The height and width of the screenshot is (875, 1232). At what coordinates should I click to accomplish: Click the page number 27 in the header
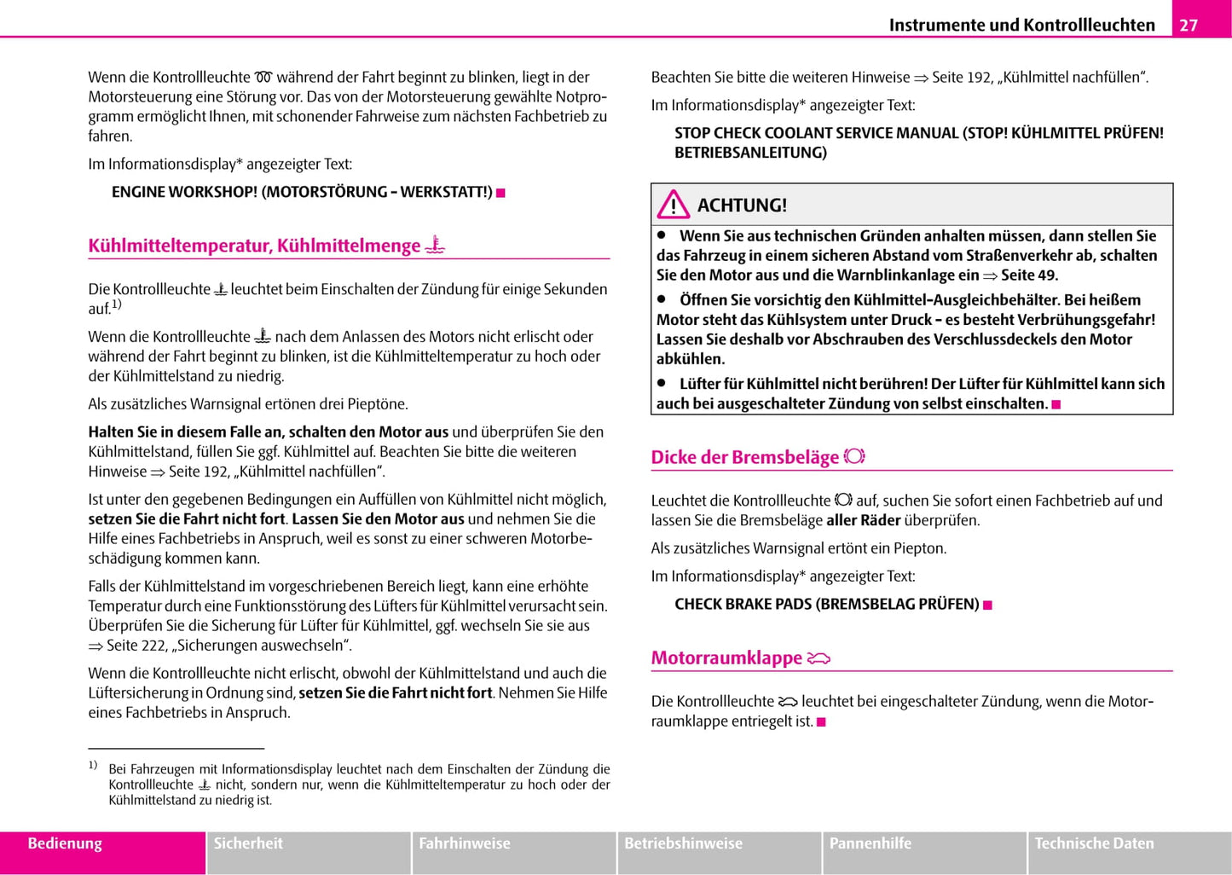[1189, 25]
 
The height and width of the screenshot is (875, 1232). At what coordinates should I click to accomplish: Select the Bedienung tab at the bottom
[65, 843]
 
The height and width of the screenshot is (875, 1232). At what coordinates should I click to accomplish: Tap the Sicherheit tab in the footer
[248, 843]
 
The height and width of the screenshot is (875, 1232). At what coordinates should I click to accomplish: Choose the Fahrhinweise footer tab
[465, 843]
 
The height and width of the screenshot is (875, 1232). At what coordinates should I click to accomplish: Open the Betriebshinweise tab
[683, 843]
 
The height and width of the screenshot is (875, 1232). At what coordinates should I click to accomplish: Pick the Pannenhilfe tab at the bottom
[870, 843]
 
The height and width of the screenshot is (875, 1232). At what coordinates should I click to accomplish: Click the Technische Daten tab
[1094, 843]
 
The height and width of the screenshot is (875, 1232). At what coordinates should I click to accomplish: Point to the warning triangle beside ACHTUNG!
[674, 205]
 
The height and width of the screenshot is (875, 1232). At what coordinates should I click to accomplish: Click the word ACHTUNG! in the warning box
[742, 206]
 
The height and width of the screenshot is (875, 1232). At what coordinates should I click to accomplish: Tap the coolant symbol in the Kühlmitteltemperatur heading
[435, 246]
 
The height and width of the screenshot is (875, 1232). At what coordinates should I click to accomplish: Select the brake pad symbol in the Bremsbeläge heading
[854, 456]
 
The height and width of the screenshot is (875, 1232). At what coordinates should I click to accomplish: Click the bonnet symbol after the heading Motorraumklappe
[818, 658]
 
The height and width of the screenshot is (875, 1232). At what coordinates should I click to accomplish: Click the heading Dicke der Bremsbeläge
[744, 457]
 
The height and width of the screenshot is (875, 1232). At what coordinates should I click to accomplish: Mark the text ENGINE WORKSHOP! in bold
[184, 192]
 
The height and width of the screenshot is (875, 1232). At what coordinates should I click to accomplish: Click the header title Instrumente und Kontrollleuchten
[1021, 25]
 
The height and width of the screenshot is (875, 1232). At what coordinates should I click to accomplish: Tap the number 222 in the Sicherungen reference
[154, 646]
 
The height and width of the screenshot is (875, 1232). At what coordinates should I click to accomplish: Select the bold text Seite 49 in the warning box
[1029, 275]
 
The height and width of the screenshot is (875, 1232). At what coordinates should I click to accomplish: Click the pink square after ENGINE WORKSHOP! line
[501, 193]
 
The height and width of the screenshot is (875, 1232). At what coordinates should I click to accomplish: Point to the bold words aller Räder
[863, 520]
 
